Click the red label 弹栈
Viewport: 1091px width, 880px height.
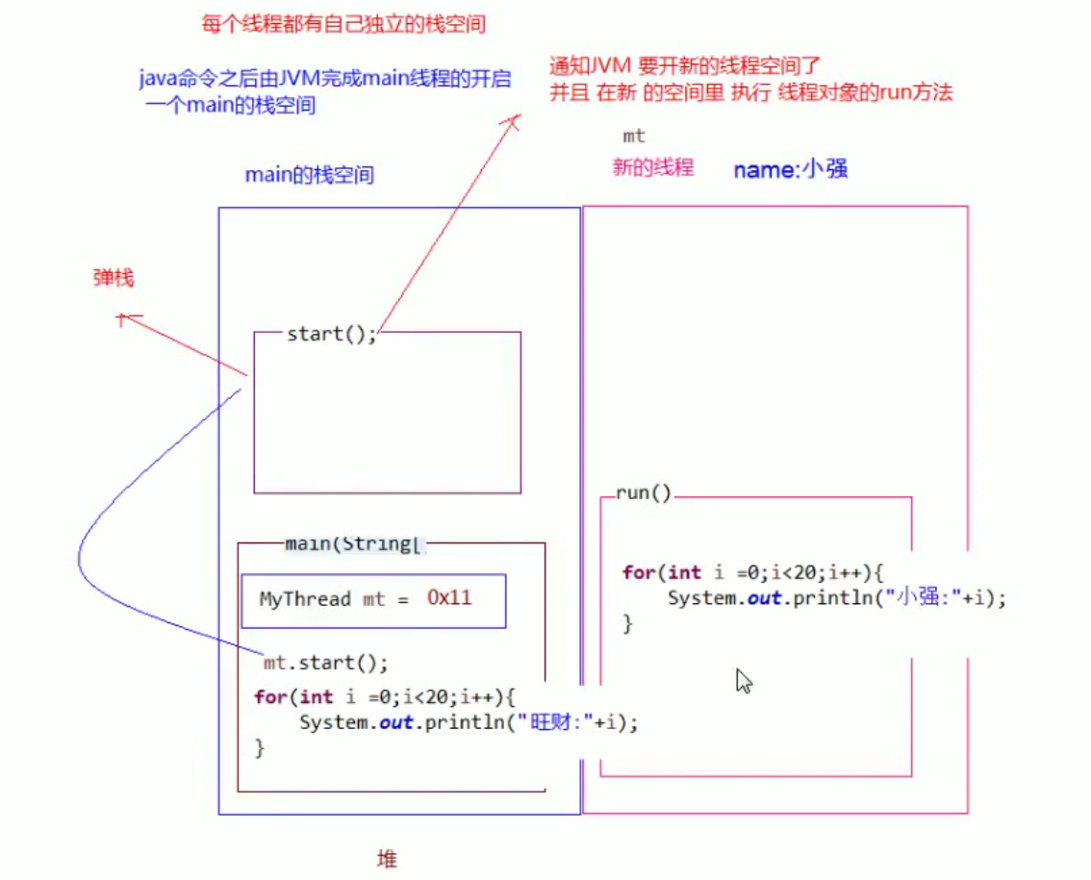[114, 279]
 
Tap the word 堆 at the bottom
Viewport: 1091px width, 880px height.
[387, 859]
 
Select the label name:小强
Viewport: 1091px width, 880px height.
[790, 170]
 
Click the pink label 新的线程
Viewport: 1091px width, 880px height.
[653, 167]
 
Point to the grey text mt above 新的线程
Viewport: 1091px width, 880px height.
[634, 137]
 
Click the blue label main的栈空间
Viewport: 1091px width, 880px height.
[309, 175]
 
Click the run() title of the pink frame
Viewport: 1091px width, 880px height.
[644, 493]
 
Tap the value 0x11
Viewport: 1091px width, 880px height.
[449, 598]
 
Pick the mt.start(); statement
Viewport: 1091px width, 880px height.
[326, 664]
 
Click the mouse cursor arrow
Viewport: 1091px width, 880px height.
[744, 681]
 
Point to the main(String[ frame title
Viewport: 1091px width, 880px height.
[354, 544]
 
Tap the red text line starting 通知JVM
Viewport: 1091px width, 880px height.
[684, 67]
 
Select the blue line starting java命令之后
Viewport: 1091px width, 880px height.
[325, 80]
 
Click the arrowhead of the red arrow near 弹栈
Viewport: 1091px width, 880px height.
[122, 317]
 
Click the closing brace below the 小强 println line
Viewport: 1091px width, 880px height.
[628, 623]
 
